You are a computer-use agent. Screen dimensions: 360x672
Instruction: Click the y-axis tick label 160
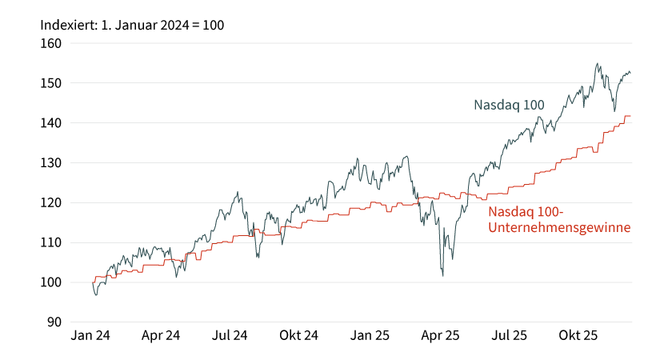click(51, 43)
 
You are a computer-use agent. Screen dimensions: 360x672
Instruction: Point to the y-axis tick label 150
click(51, 83)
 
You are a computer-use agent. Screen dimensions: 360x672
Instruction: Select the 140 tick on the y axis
click(51, 123)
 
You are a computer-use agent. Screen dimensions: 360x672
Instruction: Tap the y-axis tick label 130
click(51, 163)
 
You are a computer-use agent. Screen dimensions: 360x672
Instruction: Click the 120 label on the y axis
click(51, 203)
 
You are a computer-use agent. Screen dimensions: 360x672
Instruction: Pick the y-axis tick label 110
click(51, 243)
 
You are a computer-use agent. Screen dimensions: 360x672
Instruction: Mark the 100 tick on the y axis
click(51, 282)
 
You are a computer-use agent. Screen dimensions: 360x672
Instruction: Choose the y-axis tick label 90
click(54, 322)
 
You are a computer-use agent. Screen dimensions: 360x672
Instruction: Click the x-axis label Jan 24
click(90, 337)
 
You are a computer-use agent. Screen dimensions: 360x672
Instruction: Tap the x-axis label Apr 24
click(161, 337)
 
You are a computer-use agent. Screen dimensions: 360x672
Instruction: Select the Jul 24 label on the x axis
click(230, 337)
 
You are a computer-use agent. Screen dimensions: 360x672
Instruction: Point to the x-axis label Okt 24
click(299, 337)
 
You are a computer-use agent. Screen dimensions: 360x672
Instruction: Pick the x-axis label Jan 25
click(370, 337)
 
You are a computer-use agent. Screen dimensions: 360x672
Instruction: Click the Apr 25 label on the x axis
click(440, 337)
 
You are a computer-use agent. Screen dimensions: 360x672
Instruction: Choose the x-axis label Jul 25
click(509, 337)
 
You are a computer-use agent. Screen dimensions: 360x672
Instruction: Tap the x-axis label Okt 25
click(578, 337)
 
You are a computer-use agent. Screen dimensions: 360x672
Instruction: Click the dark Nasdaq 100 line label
click(509, 106)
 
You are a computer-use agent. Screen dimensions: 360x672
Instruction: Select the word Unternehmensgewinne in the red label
click(559, 228)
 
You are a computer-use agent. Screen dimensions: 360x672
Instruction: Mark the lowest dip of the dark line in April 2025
click(442, 276)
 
